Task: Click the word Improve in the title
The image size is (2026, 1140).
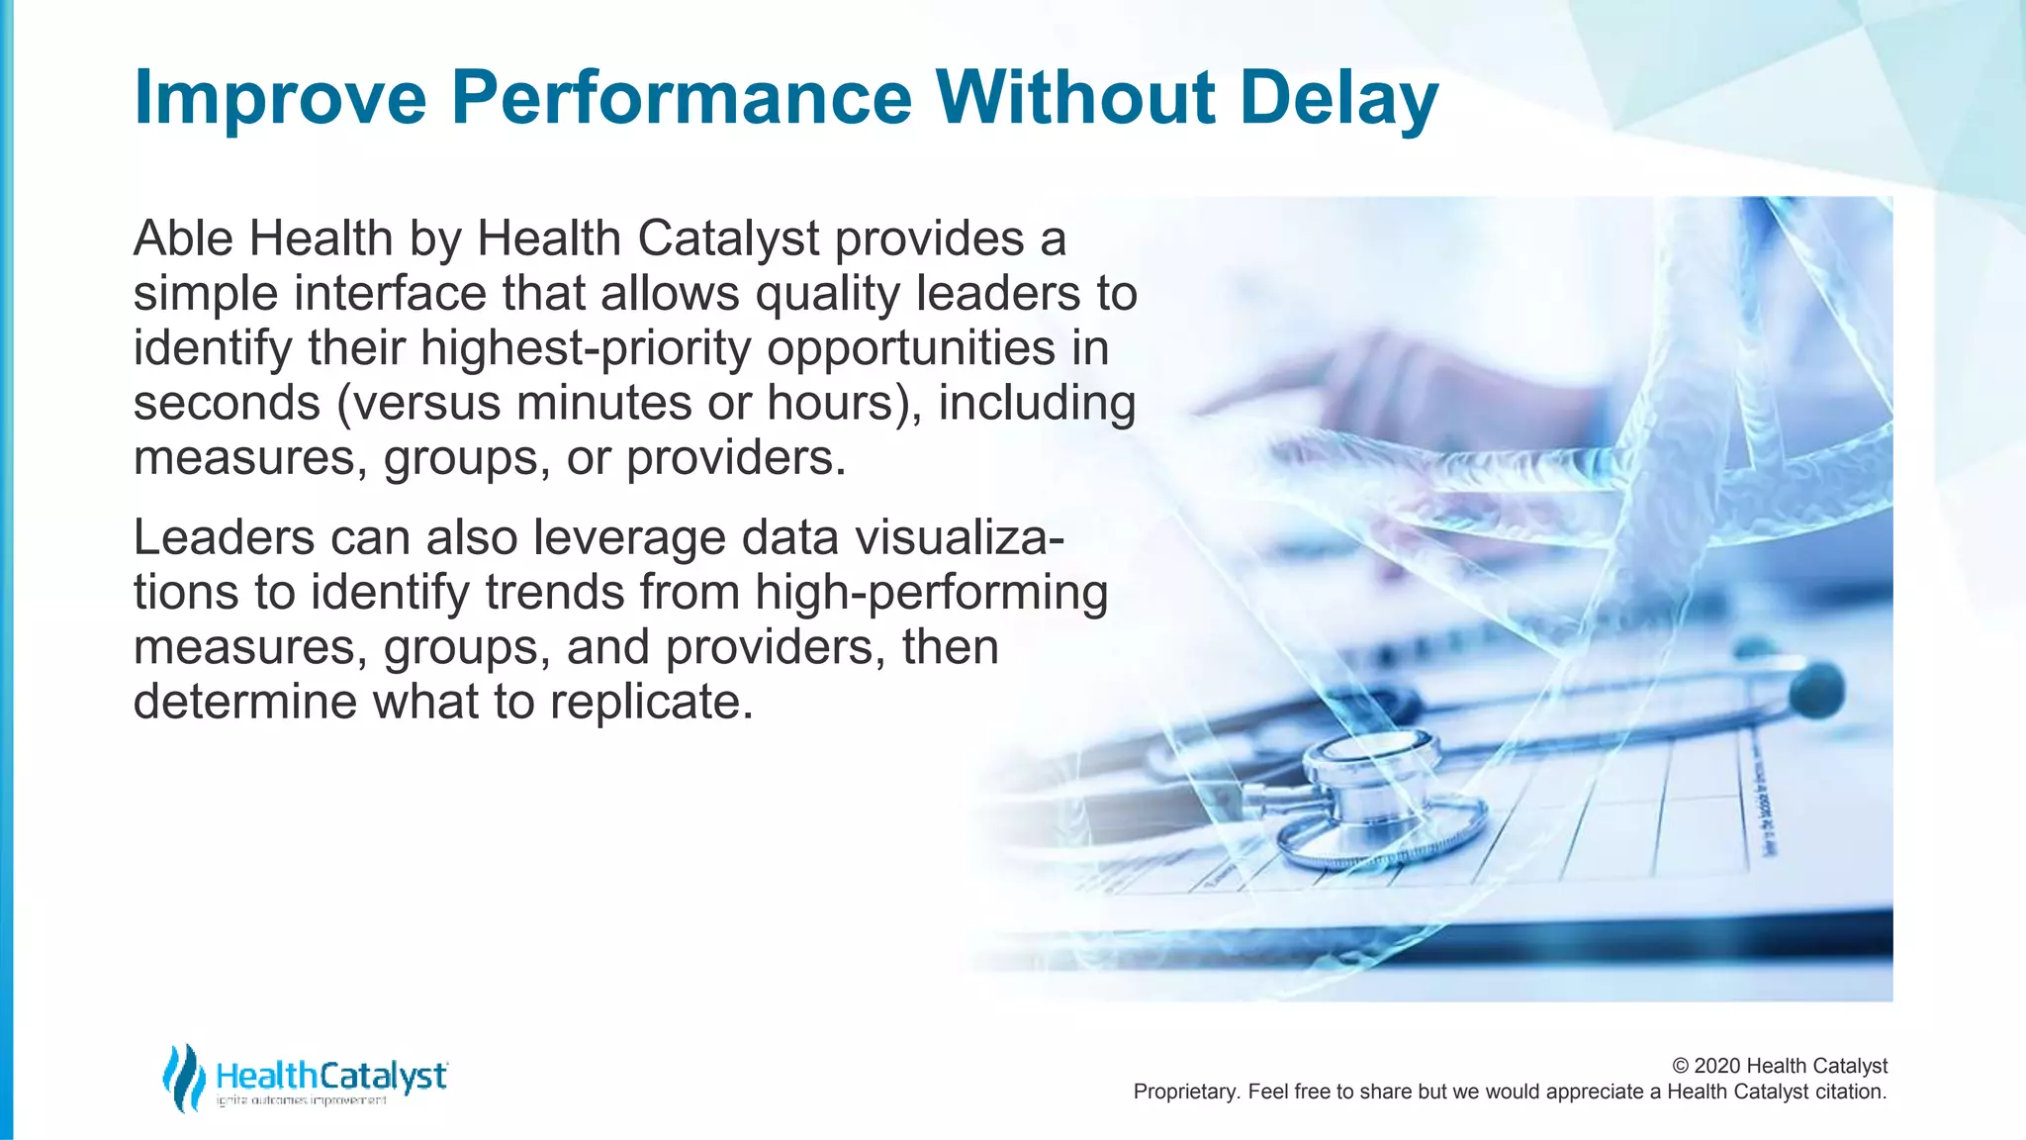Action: pos(280,99)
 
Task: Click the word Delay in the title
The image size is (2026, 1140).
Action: pos(1338,99)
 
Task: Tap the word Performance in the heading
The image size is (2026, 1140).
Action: pos(681,99)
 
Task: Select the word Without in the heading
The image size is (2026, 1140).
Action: pos(1075,99)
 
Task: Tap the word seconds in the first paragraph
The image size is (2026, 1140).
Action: pos(227,404)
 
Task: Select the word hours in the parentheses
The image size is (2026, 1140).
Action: pos(830,404)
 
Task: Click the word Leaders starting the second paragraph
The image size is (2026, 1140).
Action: pos(224,538)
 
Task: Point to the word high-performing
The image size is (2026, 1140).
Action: pos(931,593)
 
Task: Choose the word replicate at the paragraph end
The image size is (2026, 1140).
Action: pos(651,703)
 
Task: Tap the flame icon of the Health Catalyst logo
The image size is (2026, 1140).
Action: pos(184,1077)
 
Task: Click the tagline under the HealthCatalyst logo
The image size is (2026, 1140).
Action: pos(302,1100)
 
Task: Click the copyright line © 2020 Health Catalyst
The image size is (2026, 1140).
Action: pos(1779,1066)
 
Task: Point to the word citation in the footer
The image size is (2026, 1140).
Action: pos(1849,1092)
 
